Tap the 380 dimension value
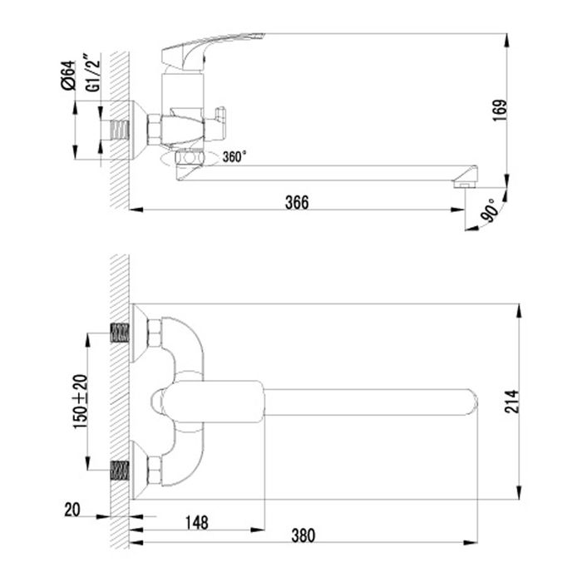point(303,535)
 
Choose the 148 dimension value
point(197,522)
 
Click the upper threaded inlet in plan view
point(121,334)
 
